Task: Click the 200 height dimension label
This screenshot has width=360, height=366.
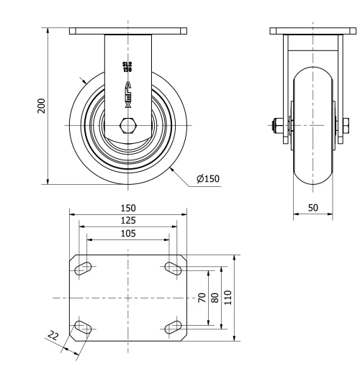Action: (x=41, y=106)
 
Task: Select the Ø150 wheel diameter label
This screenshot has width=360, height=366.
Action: (x=208, y=178)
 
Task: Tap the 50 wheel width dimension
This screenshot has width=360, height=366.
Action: (x=313, y=206)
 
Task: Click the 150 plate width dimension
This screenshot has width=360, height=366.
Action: (x=128, y=207)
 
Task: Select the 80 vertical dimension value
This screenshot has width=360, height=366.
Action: (x=215, y=297)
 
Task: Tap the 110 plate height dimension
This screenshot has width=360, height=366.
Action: (x=228, y=297)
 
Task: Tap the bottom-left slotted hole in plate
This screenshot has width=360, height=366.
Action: (x=83, y=327)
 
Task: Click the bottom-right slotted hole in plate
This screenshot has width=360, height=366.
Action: (x=174, y=327)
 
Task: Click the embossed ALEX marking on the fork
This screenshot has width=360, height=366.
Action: (x=128, y=94)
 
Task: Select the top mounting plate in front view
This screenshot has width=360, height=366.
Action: (x=128, y=31)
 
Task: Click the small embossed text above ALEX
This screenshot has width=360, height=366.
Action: (x=128, y=67)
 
